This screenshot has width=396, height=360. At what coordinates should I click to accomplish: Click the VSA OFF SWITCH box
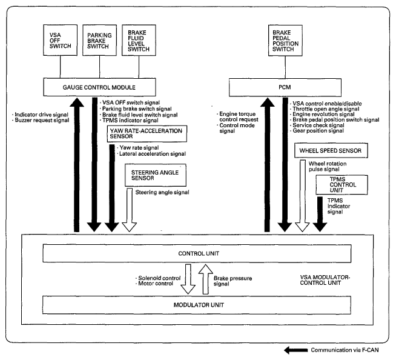pyautogui.click(x=60, y=40)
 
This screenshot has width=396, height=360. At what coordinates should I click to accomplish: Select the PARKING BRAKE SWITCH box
pyautogui.click(x=99, y=40)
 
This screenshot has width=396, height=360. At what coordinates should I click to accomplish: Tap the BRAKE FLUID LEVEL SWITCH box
pyautogui.click(x=139, y=40)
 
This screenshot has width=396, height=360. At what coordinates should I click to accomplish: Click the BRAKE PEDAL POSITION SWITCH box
pyautogui.click(x=285, y=41)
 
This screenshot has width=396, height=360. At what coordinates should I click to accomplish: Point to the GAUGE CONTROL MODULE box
pyautogui.click(x=99, y=87)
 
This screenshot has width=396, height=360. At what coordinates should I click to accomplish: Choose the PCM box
pyautogui.click(x=285, y=87)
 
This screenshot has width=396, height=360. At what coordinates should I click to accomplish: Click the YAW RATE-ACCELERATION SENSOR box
pyautogui.click(x=147, y=133)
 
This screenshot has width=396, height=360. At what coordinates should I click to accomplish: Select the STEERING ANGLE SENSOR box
pyautogui.click(x=156, y=175)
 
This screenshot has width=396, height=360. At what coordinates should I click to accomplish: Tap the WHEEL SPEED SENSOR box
pyautogui.click(x=331, y=150)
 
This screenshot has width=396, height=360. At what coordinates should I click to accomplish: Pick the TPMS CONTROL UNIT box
pyautogui.click(x=342, y=185)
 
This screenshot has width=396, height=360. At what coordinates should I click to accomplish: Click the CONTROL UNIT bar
pyautogui.click(x=197, y=253)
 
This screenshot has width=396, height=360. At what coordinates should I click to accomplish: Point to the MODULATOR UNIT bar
pyautogui.click(x=197, y=305)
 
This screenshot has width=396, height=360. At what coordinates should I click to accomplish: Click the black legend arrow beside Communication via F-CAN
pyautogui.click(x=295, y=350)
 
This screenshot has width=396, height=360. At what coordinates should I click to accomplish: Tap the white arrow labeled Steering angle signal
pyautogui.click(x=130, y=210)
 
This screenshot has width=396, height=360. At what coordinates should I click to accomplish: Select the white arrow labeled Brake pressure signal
pyautogui.click(x=206, y=279)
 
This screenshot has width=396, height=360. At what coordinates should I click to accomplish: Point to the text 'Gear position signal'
pyautogui.click(x=318, y=131)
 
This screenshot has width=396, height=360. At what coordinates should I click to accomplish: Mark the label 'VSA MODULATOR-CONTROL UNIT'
pyautogui.click(x=325, y=280)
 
